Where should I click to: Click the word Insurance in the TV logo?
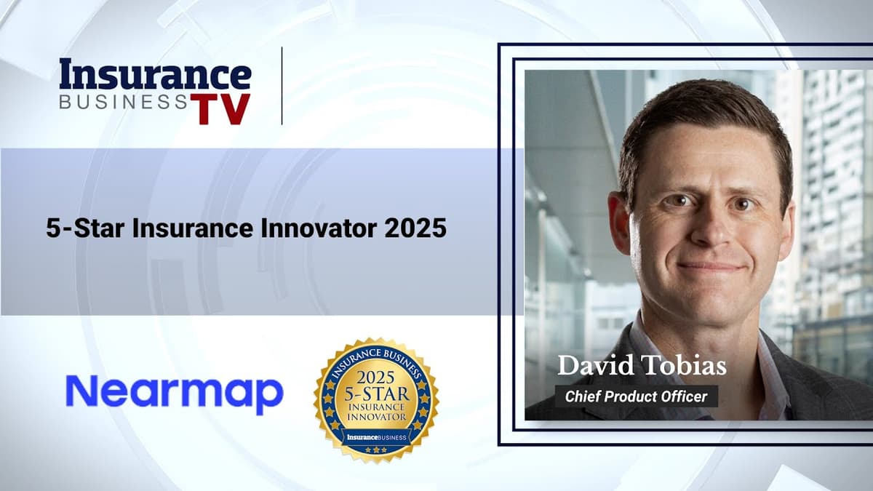pyautogui.click(x=155, y=75)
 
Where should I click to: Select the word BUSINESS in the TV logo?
pyautogui.click(x=123, y=102)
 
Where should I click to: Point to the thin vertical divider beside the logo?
pyautogui.click(x=282, y=85)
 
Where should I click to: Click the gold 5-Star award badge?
pyautogui.click(x=376, y=399)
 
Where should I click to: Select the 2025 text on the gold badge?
pyautogui.click(x=376, y=379)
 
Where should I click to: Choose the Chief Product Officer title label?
pyautogui.click(x=636, y=396)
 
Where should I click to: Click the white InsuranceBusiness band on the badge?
pyautogui.click(x=376, y=437)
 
